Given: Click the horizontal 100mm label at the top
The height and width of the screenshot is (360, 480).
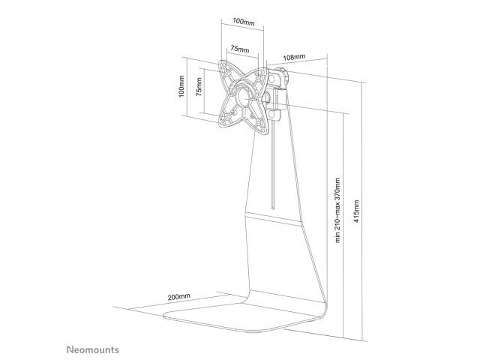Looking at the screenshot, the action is pos(243,22).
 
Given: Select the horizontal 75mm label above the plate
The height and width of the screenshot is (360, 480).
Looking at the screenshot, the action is pos(240,49).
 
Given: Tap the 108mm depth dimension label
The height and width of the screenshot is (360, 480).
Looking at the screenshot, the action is pos(294,57).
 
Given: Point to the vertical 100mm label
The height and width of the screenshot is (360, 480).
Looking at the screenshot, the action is pos(181,86).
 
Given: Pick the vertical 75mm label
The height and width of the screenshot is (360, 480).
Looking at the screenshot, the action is pos(199,87).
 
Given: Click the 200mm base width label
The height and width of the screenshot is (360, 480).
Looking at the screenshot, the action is pos(178,296).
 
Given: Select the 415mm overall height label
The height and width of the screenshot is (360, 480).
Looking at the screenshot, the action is pos(356,211).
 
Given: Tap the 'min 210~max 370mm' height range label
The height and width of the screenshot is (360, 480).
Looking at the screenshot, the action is pos(337,210).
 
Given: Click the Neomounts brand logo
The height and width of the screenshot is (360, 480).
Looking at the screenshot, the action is pos(93,349).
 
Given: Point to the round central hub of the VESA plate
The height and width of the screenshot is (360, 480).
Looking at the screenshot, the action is pos(244,96).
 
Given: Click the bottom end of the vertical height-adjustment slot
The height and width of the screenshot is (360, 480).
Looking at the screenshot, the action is pos(273,208).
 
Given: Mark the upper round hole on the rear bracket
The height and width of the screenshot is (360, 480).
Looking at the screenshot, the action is pos(271,79).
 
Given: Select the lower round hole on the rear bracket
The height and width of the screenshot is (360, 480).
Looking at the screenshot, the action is pos(271,115).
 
